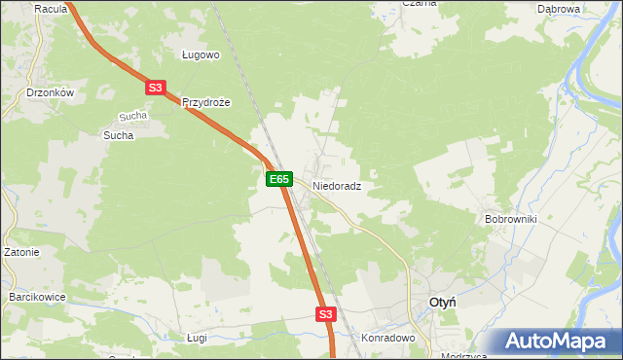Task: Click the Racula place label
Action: [50, 9]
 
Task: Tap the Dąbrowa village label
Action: [559, 9]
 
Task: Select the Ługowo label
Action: [202, 55]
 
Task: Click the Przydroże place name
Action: [205, 102]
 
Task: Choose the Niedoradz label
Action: [337, 185]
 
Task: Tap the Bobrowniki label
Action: [511, 220]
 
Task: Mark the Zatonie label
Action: [20, 253]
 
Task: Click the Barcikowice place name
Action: [36, 296]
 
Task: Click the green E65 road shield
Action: [279, 179]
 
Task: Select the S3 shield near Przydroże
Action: [156, 88]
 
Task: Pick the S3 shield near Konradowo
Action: [325, 314]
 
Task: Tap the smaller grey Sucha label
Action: [132, 116]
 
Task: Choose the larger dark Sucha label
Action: [118, 135]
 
